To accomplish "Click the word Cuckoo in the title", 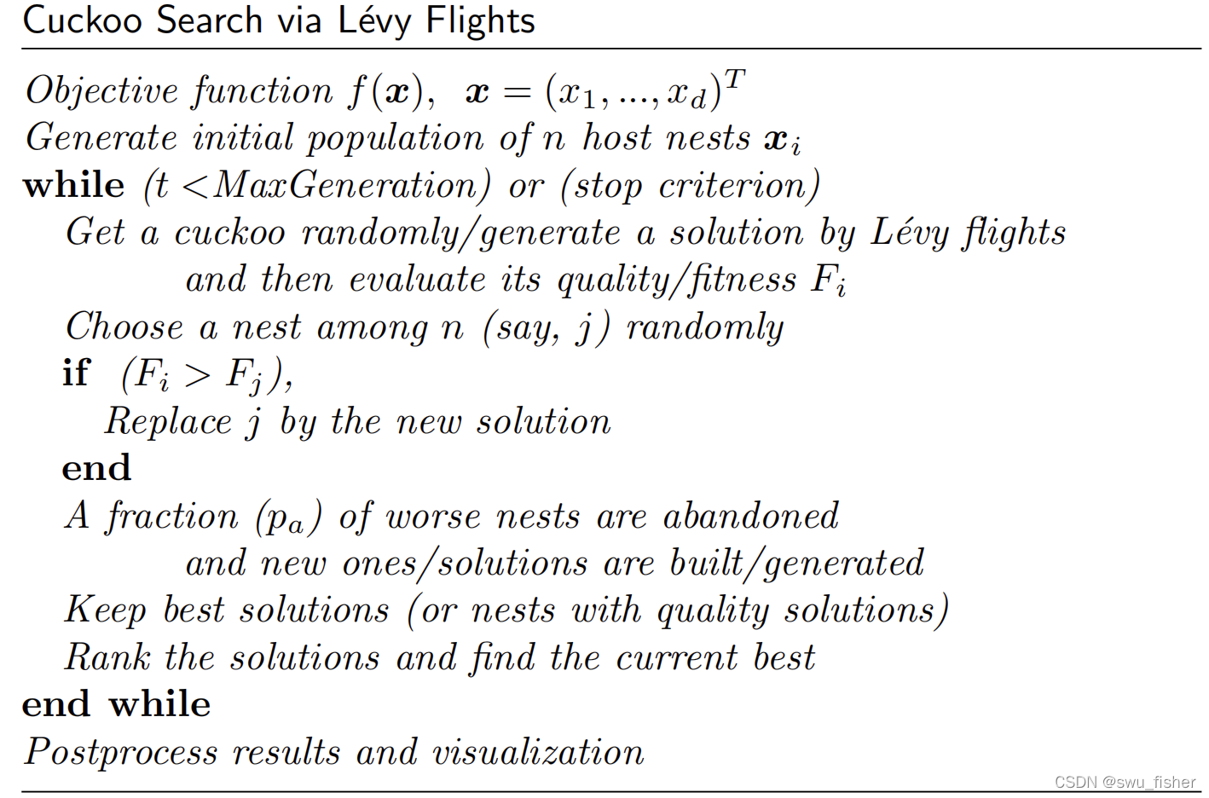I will point(82,20).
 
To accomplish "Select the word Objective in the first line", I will point(101,91).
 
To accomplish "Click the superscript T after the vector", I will point(735,79).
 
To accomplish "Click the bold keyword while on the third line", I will point(73,186).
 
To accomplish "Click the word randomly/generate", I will point(460,234).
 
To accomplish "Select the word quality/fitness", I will point(677,280).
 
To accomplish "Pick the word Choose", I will point(124,327).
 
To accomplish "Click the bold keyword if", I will point(76,373).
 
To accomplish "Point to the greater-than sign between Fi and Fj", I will point(197,375).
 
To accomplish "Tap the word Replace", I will point(168,422).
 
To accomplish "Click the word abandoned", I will point(750,517).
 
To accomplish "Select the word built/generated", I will point(796,564).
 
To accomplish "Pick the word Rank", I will point(107,658).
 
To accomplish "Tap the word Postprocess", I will point(120,753).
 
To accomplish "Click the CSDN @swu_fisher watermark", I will point(1125,782).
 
